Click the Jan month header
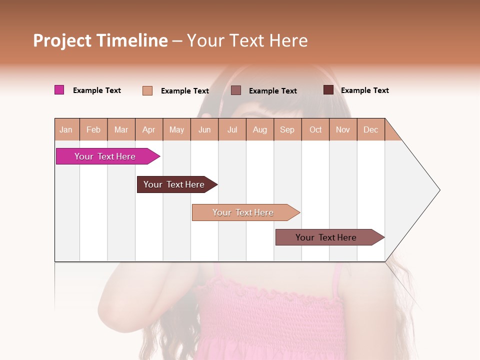(x=66, y=129)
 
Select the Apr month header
(x=149, y=129)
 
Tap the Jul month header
(x=232, y=129)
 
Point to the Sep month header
(x=287, y=129)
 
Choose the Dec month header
(x=370, y=129)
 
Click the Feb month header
(x=93, y=129)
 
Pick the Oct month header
(x=315, y=129)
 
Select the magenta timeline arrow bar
(x=105, y=156)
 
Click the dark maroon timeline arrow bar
(x=174, y=184)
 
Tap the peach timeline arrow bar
(x=243, y=212)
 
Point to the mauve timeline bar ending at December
(x=326, y=237)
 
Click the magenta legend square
(x=59, y=90)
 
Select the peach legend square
(x=147, y=90)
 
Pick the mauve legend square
(x=236, y=90)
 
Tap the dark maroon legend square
(x=328, y=90)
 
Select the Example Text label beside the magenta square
(x=97, y=90)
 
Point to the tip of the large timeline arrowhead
(x=439, y=190)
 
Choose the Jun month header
(x=204, y=129)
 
